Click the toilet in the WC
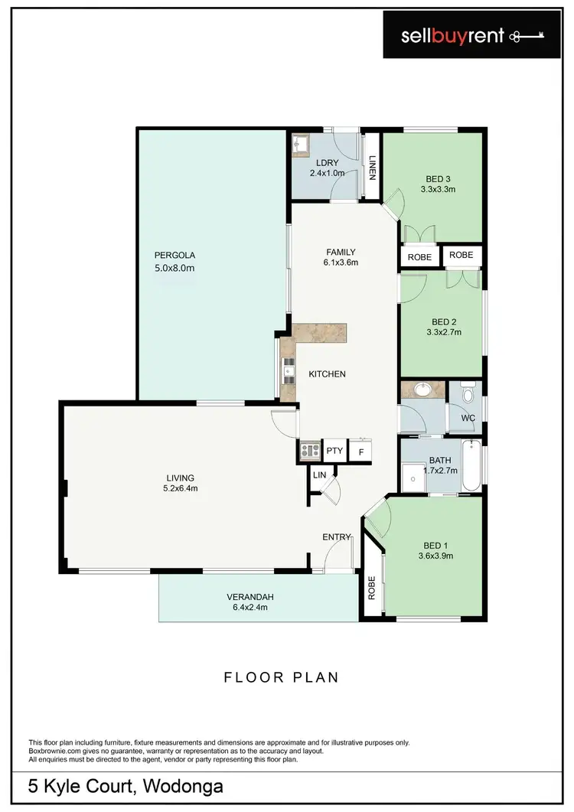pyautogui.click(x=471, y=394)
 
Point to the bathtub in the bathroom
pyautogui.click(x=471, y=466)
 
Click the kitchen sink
pyautogui.click(x=289, y=373)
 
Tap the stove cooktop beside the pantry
pyautogui.click(x=309, y=451)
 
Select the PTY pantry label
pyautogui.click(x=334, y=451)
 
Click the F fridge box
pyautogui.click(x=360, y=452)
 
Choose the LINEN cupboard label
pyautogui.click(x=372, y=167)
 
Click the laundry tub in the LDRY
pyautogui.click(x=299, y=143)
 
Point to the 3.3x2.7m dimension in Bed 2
pyautogui.click(x=442, y=332)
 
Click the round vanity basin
pyautogui.click(x=420, y=390)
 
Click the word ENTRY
pyautogui.click(x=336, y=537)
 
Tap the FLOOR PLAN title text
pyautogui.click(x=281, y=677)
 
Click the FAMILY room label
pyautogui.click(x=341, y=252)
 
